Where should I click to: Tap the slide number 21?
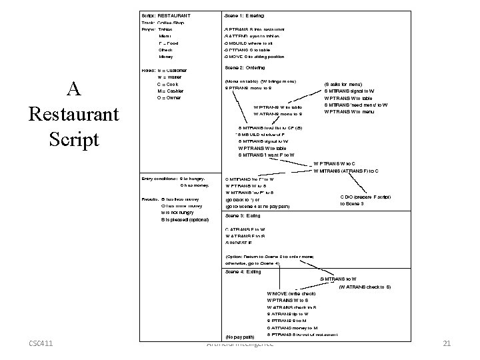[448, 343]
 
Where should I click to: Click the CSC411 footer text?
[41, 343]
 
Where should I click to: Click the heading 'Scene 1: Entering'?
[245, 15]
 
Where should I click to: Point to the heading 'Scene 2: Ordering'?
[245, 68]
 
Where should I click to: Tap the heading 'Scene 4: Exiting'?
[243, 272]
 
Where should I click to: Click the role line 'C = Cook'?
[163, 85]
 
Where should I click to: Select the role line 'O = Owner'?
[165, 98]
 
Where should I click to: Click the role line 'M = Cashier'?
[167, 91]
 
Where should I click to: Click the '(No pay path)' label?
[240, 337]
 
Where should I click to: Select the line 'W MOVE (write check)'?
[291, 293]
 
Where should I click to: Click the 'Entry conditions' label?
[159, 179]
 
